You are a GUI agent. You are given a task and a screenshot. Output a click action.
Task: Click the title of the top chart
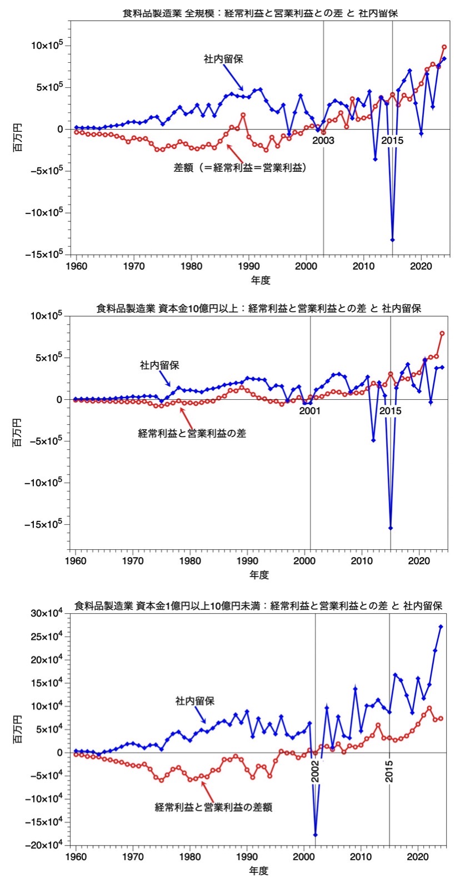coord(260,13)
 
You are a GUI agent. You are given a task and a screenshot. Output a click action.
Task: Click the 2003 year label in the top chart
coord(323,141)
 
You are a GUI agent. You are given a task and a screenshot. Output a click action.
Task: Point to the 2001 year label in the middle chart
coord(310,411)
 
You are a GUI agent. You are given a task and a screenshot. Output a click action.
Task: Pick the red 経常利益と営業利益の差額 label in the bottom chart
coord(213,807)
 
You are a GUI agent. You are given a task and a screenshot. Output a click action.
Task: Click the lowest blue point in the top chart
coord(392,240)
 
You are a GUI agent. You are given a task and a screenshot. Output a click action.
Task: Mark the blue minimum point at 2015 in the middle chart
coord(391,528)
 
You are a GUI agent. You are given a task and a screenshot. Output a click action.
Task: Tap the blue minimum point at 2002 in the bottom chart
coord(315,835)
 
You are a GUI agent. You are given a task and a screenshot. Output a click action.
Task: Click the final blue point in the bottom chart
coord(441,627)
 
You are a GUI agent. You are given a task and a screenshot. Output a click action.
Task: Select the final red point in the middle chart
coord(442,333)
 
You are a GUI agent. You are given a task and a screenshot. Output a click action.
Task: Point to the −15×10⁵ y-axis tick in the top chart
coord(47,254)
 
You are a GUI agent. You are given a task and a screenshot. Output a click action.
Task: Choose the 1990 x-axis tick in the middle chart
coord(248,560)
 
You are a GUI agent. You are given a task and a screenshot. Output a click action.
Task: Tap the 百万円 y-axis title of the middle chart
coord(18,434)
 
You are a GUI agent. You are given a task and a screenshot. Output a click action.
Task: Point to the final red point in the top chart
coord(444,47)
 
